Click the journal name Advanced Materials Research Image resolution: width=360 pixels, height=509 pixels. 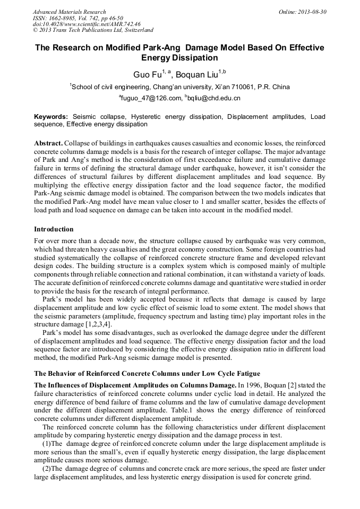69,12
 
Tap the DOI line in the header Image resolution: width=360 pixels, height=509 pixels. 87,24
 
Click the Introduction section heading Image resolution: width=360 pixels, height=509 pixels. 54,229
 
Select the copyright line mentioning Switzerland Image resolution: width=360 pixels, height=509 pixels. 93,30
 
